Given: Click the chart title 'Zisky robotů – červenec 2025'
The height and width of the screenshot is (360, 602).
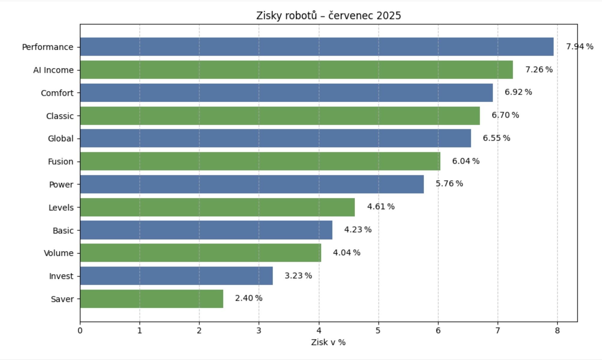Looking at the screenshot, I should (328, 15).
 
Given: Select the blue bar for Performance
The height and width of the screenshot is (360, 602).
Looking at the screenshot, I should (317, 46).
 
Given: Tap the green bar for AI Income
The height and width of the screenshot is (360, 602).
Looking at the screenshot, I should (296, 70).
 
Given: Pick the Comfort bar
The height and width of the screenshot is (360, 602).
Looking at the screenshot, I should (286, 93).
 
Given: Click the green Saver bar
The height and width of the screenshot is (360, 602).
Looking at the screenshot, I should (151, 299).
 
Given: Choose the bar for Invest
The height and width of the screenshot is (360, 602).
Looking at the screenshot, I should (176, 276).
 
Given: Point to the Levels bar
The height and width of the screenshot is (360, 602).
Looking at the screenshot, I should (217, 207).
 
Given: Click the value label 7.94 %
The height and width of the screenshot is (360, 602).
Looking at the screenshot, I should (579, 46).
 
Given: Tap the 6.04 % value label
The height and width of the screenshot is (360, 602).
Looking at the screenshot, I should (466, 161).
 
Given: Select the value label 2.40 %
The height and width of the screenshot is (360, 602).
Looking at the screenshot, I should (249, 298).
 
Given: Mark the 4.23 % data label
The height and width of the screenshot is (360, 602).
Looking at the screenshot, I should (358, 230).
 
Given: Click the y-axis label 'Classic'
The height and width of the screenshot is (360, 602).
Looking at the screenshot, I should (60, 116).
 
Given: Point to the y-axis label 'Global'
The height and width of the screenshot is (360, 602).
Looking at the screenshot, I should (61, 139).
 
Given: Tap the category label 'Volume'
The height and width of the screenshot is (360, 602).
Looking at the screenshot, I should (58, 253).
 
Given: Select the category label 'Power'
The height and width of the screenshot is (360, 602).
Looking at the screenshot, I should (61, 184).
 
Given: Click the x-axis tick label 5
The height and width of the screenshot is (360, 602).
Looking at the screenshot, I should (378, 331).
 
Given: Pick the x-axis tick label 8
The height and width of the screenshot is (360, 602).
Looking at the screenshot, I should (557, 331).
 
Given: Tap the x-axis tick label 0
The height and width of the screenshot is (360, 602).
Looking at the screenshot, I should (80, 331).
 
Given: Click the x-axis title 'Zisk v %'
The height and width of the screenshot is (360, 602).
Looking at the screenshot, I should (328, 342).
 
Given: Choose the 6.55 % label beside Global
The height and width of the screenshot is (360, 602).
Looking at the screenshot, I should (496, 138).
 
